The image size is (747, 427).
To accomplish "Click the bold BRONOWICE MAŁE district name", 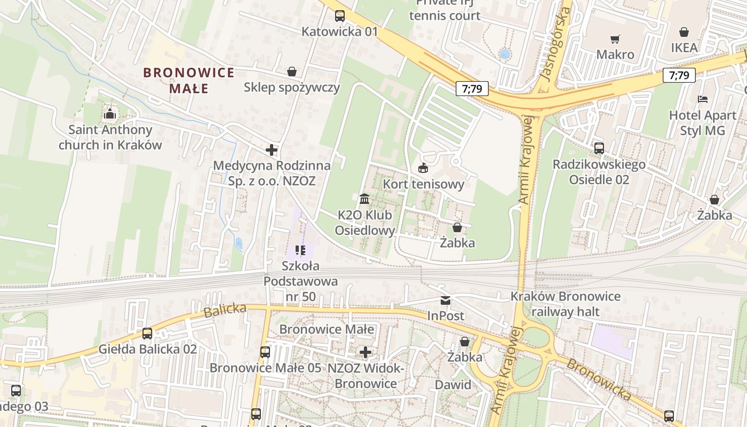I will click(x=188, y=80).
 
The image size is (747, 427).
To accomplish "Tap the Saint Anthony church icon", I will click(x=110, y=114).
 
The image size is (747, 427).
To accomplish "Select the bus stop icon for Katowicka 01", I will click(x=340, y=16).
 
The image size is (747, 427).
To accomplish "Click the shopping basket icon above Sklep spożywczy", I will click(x=292, y=72).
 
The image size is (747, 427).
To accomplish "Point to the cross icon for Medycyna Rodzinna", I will click(x=272, y=150).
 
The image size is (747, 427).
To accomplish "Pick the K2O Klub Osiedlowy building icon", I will click(x=364, y=199).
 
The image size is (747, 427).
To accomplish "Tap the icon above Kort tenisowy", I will click(x=423, y=168).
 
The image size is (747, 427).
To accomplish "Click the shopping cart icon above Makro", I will click(x=615, y=39).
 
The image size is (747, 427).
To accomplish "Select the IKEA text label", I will click(x=684, y=48).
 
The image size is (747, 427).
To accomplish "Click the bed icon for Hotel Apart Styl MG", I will click(x=703, y=99).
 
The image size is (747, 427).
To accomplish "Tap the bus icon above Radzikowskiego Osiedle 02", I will click(x=599, y=148).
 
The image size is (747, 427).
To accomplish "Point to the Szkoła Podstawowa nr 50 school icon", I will click(x=300, y=250).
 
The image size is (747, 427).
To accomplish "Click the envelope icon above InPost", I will click(x=446, y=301).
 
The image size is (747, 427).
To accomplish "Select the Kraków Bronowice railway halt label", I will click(x=565, y=304).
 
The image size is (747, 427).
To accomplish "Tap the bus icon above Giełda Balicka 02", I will click(x=147, y=334).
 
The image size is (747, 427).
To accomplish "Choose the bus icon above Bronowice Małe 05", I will click(x=265, y=352).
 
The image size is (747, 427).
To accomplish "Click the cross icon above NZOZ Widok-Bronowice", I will click(x=365, y=352).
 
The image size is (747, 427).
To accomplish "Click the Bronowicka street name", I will click(x=598, y=379).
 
